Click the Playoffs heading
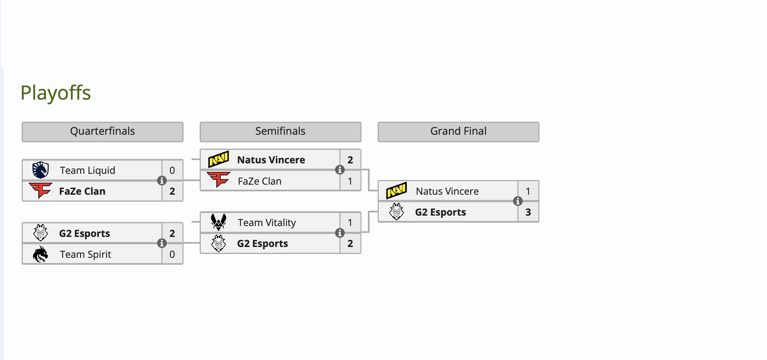(x=56, y=93)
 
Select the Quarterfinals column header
(x=103, y=132)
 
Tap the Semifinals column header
(x=280, y=132)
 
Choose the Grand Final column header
(x=458, y=132)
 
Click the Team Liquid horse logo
(x=41, y=170)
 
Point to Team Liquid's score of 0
(x=172, y=170)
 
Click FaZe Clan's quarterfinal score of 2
(x=172, y=191)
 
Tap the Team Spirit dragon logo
(x=41, y=254)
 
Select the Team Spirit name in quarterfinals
(x=86, y=254)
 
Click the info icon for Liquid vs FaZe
(x=162, y=180)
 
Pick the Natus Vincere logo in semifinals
(x=219, y=159)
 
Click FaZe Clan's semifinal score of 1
(x=350, y=181)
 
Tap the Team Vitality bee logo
(x=219, y=222)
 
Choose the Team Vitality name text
(x=267, y=223)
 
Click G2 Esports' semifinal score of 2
(x=350, y=243)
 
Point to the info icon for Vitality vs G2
(x=340, y=233)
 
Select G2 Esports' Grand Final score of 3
(x=528, y=212)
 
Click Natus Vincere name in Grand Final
(x=447, y=191)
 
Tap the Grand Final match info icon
(x=518, y=201)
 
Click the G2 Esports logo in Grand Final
(x=397, y=212)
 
